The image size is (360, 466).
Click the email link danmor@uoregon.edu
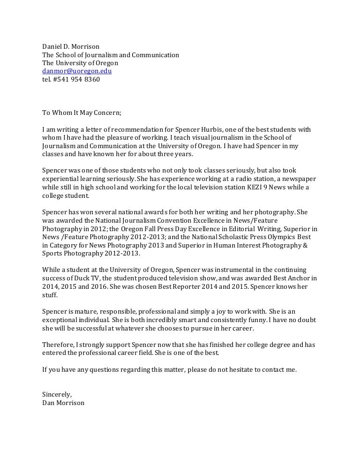click(x=77, y=71)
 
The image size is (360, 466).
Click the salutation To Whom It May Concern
click(x=82, y=113)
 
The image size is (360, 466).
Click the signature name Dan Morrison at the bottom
click(x=63, y=403)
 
